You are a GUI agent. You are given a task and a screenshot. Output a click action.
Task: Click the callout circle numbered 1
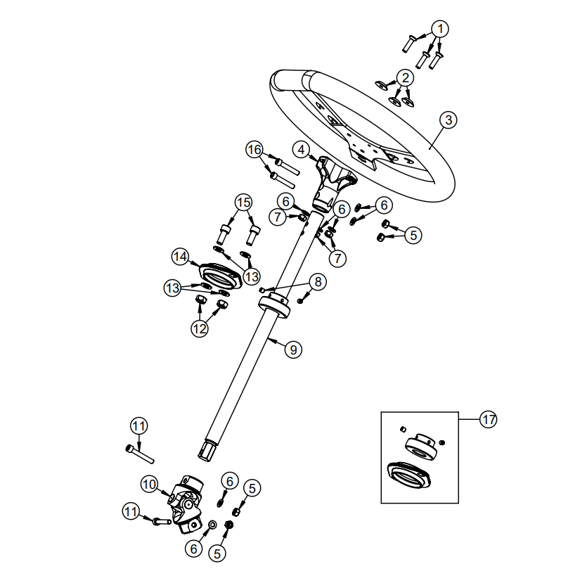pos(439,30)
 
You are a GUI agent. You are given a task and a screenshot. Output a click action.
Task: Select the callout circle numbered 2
pos(406,77)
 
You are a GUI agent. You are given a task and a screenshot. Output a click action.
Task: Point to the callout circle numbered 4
pos(301,149)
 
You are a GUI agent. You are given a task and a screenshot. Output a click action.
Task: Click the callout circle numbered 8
pos(318,282)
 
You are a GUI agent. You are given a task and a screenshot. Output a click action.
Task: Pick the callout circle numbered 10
pos(148,484)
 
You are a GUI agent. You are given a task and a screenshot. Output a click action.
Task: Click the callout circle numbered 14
pos(181,257)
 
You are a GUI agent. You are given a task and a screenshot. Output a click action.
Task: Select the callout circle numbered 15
pos(243,203)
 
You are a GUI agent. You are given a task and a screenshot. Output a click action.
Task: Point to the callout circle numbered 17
pos(488,420)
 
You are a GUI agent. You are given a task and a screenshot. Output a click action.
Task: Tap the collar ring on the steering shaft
pos(275,307)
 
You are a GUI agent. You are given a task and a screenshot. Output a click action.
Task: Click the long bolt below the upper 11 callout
pos(141,454)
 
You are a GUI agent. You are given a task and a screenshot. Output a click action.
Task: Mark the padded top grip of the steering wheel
pos(292,78)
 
